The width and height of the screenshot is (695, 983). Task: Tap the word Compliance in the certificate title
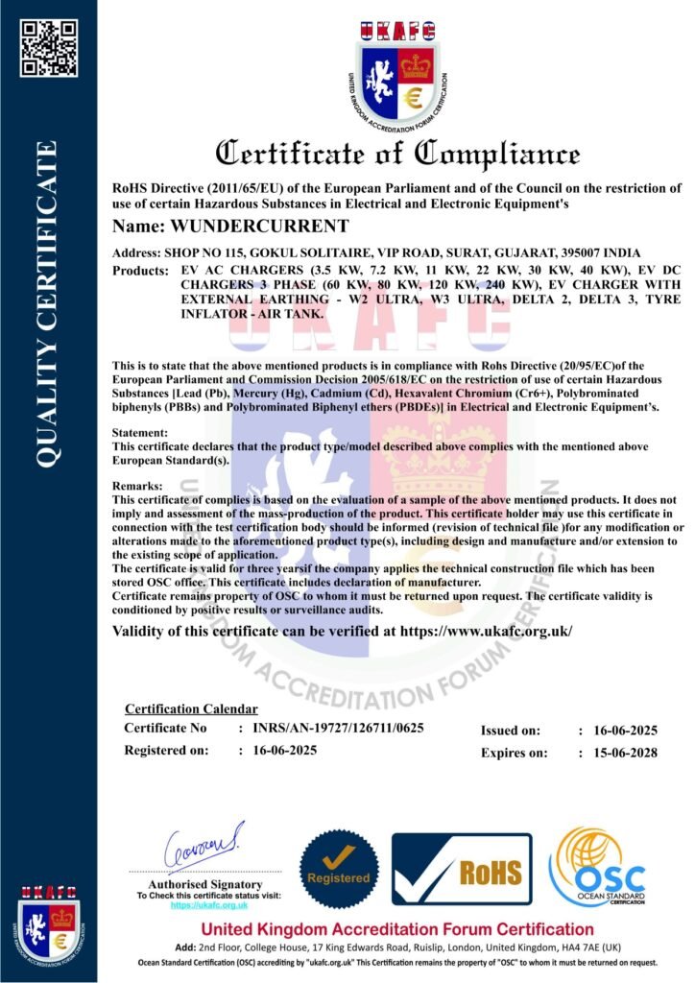[x=498, y=154]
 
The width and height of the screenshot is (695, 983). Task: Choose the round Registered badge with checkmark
[x=338, y=870]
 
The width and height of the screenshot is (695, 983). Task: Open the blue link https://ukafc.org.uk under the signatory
[x=209, y=905]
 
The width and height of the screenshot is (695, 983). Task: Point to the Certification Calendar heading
[x=191, y=708]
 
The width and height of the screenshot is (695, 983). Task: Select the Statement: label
[x=140, y=434]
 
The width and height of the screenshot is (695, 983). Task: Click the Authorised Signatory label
[x=205, y=884]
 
